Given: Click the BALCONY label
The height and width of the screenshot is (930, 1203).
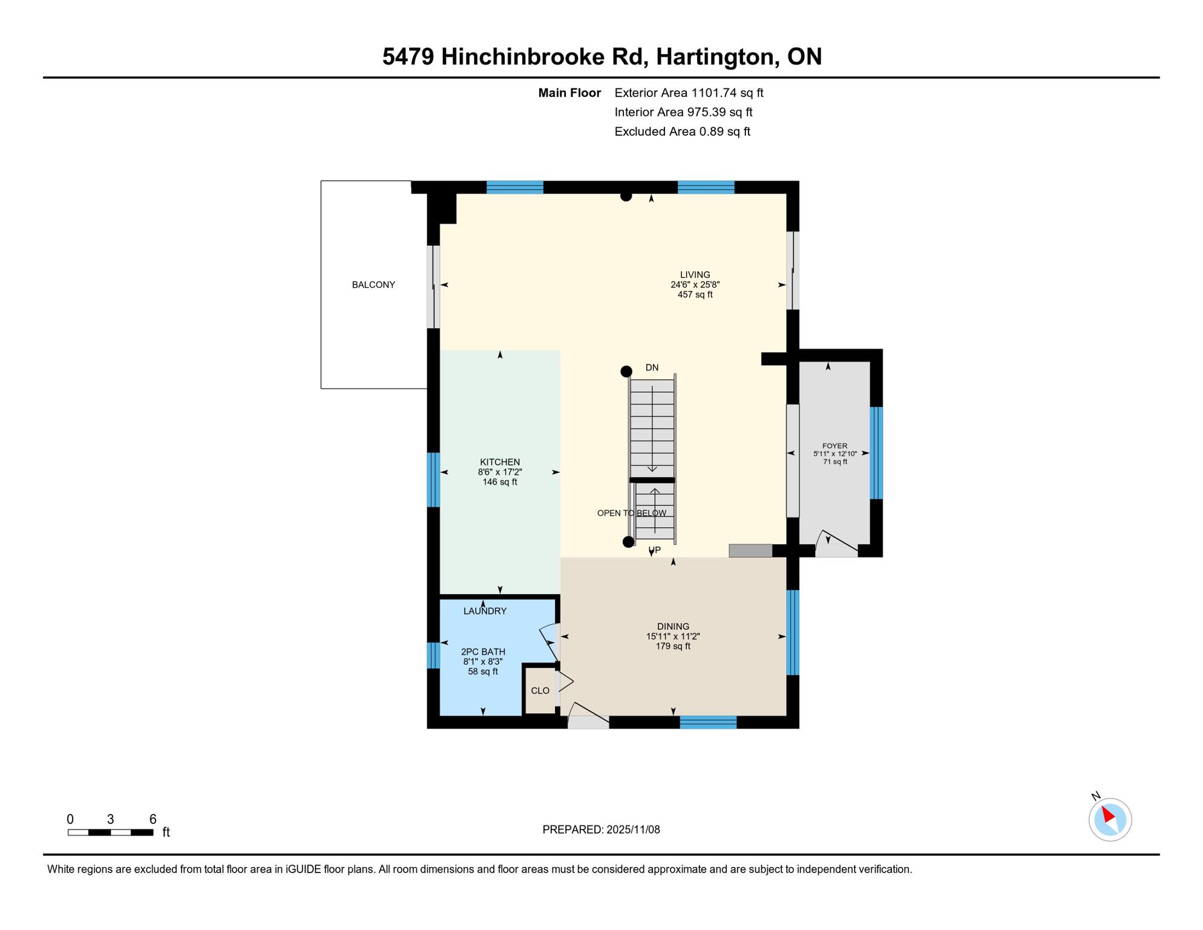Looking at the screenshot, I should tap(373, 285).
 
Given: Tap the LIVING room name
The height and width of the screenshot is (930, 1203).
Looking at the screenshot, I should tap(695, 274).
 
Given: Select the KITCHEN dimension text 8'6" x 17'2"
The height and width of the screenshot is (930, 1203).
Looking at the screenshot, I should tap(500, 472).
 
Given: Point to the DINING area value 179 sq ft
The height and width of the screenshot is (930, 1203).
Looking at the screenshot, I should tap(673, 646).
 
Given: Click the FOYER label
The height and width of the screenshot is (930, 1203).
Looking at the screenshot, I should tap(834, 446).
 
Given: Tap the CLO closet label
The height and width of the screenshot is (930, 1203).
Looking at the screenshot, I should tap(540, 691).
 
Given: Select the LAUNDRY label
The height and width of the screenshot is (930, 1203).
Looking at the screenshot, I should tap(485, 611).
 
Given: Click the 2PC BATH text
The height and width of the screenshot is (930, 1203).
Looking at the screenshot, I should tap(483, 651).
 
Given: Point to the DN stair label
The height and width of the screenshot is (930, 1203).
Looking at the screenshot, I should tap(652, 368).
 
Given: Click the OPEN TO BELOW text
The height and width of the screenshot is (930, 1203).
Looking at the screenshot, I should tap(631, 513).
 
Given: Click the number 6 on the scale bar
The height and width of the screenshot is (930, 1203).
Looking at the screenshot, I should tap(152, 819).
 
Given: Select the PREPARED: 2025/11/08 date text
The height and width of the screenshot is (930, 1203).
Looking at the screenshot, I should tap(601, 829).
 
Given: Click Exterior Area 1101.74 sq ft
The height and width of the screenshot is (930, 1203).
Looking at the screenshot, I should tap(689, 93).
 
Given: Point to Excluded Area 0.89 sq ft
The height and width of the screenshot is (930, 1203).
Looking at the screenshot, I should tap(682, 131).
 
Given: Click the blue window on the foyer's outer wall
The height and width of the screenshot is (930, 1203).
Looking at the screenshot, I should tap(876, 453).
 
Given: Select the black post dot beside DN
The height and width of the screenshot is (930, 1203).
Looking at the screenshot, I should tap(626, 371).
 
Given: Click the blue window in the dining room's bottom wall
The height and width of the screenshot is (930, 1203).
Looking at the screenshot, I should tap(708, 722).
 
